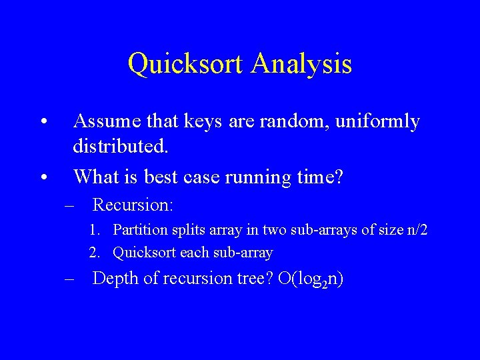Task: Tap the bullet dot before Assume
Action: point(43,123)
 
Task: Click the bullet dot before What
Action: point(43,177)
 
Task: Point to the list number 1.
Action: point(95,231)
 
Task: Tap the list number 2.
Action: point(95,253)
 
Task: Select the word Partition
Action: point(141,230)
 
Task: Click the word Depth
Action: point(114,278)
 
